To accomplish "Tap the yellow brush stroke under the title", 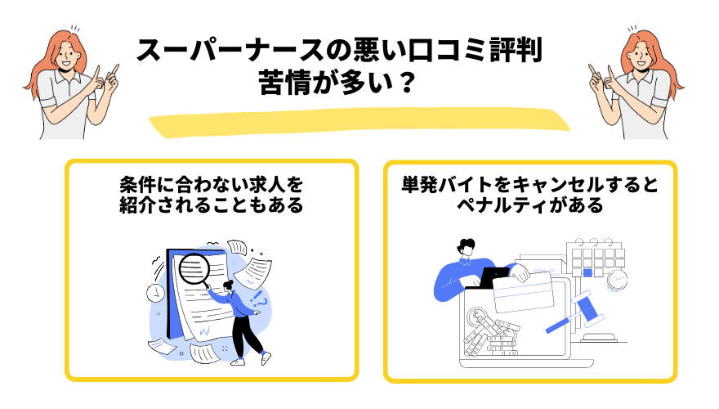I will [359, 120].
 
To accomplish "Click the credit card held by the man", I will [523, 290].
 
